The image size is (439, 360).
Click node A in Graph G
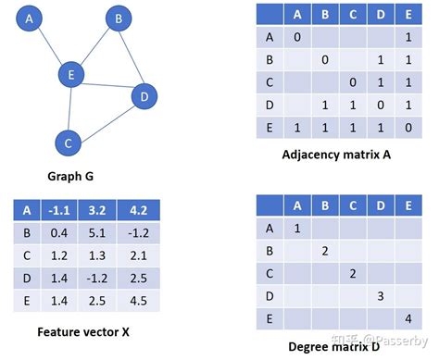31,19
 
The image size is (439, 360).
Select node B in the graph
119,18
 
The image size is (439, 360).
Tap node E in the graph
70,74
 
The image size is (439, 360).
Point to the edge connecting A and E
51,46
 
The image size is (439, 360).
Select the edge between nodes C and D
105,119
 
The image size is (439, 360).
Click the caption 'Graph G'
70,176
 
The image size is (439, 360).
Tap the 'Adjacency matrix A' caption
336,155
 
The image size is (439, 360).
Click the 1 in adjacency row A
407,37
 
